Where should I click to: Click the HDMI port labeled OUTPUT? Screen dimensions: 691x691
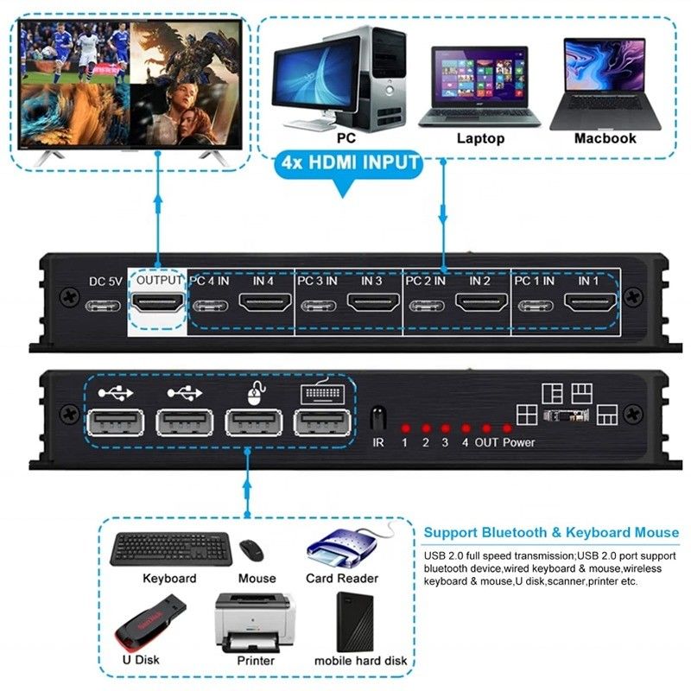click(x=157, y=303)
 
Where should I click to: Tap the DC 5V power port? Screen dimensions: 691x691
click(x=101, y=303)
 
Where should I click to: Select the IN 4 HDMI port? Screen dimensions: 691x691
click(x=264, y=303)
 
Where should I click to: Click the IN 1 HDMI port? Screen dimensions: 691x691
click(x=590, y=303)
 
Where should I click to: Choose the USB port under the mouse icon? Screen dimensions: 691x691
click(x=252, y=422)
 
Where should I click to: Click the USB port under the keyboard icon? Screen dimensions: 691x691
click(x=321, y=422)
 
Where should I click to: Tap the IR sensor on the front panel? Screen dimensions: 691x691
click(x=377, y=419)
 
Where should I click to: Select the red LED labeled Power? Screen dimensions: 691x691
click(x=508, y=428)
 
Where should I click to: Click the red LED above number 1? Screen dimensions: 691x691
click(x=403, y=428)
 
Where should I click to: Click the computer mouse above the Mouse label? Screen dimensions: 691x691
click(x=253, y=550)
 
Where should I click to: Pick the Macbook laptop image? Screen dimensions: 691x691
click(x=605, y=82)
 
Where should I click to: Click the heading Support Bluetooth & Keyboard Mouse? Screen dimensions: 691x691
click(x=551, y=532)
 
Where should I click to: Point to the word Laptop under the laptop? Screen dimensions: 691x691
click(x=480, y=138)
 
